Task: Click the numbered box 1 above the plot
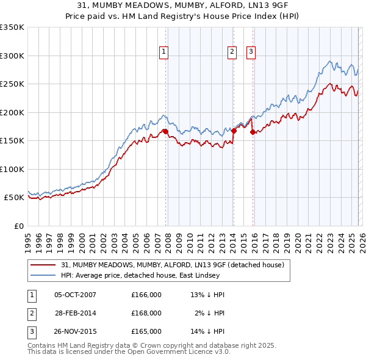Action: (164, 52)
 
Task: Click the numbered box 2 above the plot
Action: (232, 52)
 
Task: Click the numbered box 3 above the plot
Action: (251, 52)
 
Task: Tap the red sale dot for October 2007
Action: (165, 131)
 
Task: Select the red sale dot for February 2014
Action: (234, 130)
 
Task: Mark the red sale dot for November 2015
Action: (253, 132)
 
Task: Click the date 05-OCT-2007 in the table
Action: (75, 295)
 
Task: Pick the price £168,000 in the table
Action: (146, 313)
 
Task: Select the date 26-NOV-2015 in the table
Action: (75, 331)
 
